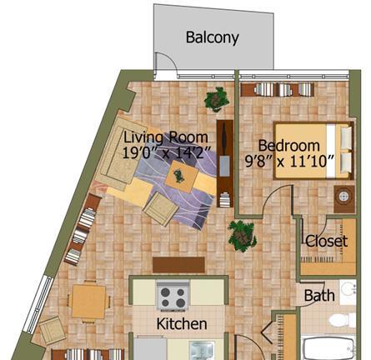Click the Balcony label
(x=212, y=37)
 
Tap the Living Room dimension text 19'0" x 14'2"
(x=166, y=152)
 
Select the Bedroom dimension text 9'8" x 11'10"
(x=289, y=161)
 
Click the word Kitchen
(x=182, y=324)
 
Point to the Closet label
(x=326, y=241)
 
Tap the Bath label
(x=319, y=296)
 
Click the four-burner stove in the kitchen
(x=173, y=296)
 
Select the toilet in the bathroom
(x=343, y=319)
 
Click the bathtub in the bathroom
(x=328, y=347)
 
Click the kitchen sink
(x=202, y=351)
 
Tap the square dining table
(x=88, y=302)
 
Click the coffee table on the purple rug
(x=182, y=177)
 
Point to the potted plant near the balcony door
(x=217, y=99)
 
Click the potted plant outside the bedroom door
(x=242, y=236)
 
